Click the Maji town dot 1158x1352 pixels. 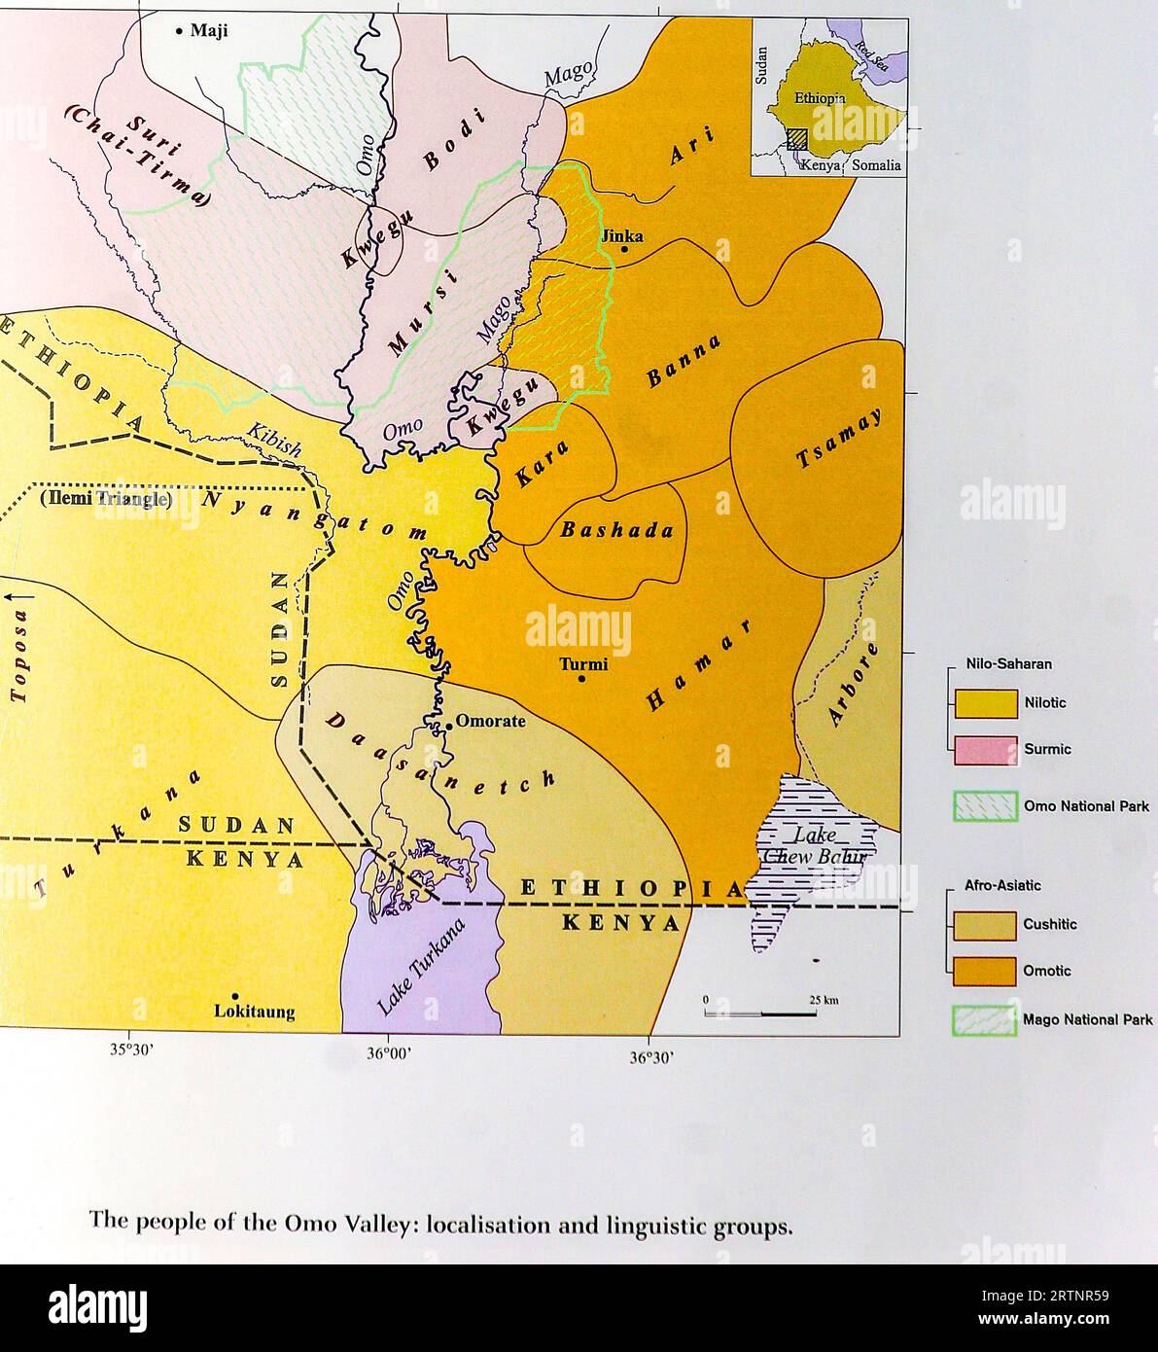tap(179, 31)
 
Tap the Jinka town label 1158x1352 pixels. tap(623, 235)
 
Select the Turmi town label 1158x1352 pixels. tap(583, 665)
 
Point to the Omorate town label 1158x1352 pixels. tap(490, 721)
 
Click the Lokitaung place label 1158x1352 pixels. tap(254, 1012)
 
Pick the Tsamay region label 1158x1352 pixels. tap(839, 438)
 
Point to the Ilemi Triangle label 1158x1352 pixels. tap(105, 499)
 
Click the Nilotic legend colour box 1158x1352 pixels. tap(985, 703)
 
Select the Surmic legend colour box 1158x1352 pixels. tap(985, 750)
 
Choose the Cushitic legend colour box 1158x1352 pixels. tap(985, 925)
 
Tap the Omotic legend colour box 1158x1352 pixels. tap(985, 971)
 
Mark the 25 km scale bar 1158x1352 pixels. tap(760, 1014)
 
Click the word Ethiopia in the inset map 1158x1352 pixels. tap(820, 98)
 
